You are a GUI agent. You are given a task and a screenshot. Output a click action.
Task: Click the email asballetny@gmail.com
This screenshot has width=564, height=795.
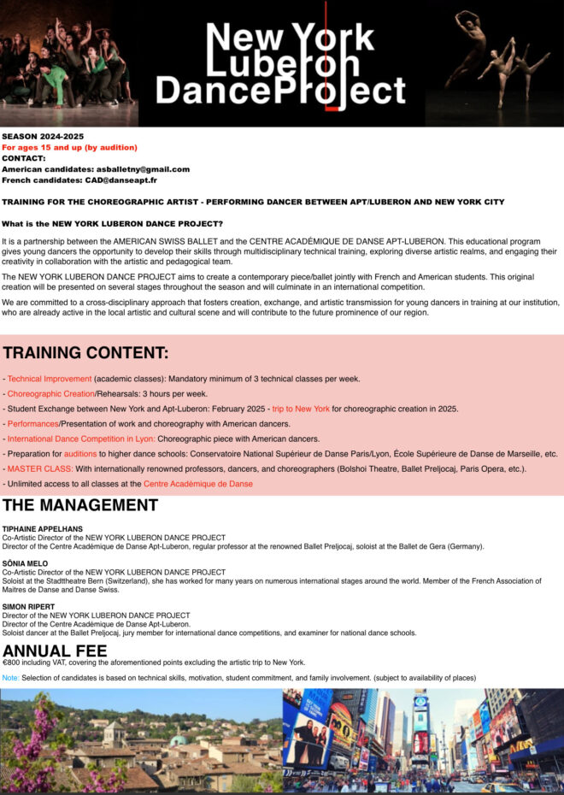[x=143, y=169]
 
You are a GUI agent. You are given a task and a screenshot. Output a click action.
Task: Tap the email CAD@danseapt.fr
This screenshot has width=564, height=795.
[x=119, y=180]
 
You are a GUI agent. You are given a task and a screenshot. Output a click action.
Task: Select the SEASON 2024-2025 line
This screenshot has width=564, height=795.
[x=43, y=137]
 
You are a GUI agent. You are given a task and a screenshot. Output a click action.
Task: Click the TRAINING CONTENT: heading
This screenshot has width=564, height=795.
[x=85, y=353]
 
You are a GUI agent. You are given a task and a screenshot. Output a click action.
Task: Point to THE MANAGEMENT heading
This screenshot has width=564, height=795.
[x=80, y=505]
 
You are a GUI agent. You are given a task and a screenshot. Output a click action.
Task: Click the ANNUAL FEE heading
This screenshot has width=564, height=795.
[x=55, y=651]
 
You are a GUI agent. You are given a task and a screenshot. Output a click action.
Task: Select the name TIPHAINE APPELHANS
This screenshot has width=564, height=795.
[x=42, y=529]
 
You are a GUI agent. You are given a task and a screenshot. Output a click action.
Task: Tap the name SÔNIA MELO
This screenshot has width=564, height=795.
[x=26, y=563]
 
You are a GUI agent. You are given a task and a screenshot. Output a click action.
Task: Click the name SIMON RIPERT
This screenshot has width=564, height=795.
[x=28, y=607]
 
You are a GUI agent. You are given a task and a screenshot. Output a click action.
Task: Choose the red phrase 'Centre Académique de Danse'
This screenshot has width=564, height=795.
[x=198, y=484]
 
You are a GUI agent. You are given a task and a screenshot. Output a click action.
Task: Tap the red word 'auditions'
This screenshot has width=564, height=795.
[x=80, y=454]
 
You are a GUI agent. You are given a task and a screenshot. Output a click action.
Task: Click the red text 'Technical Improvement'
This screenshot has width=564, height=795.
[x=50, y=379]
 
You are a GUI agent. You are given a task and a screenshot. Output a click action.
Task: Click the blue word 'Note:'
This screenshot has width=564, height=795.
[x=10, y=678]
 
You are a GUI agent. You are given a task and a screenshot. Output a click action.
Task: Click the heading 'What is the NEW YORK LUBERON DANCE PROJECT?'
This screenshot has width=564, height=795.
[x=112, y=224]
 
